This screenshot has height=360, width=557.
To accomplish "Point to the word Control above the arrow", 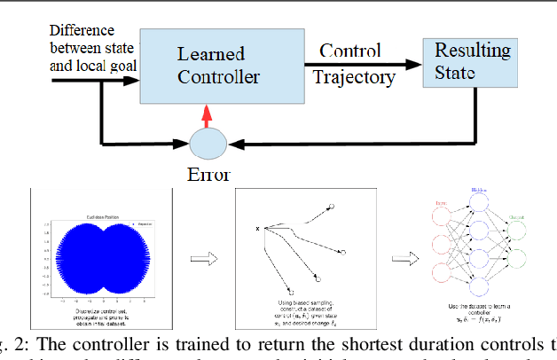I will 350,50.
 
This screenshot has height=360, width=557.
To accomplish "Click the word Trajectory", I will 354,78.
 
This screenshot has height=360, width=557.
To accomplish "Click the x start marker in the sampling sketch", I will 257,230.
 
